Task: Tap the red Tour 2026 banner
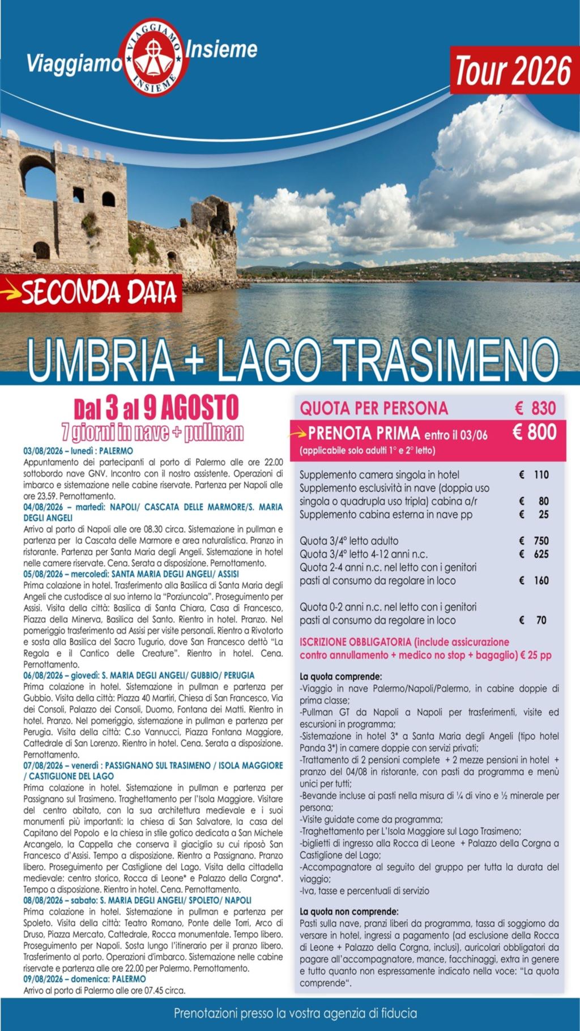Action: point(512,72)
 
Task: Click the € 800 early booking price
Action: point(534,433)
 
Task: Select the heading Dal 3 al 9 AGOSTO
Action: point(156,408)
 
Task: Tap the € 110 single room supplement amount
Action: point(534,474)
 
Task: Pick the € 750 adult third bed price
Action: point(534,541)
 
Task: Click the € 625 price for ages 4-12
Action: point(534,554)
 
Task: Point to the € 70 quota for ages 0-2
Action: point(534,620)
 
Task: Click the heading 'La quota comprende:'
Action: point(340,677)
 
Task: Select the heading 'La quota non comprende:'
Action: point(348,912)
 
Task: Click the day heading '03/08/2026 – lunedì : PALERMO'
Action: point(78,451)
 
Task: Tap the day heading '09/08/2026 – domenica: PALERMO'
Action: point(84,978)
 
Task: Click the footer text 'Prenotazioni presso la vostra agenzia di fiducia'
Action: point(295,1013)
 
